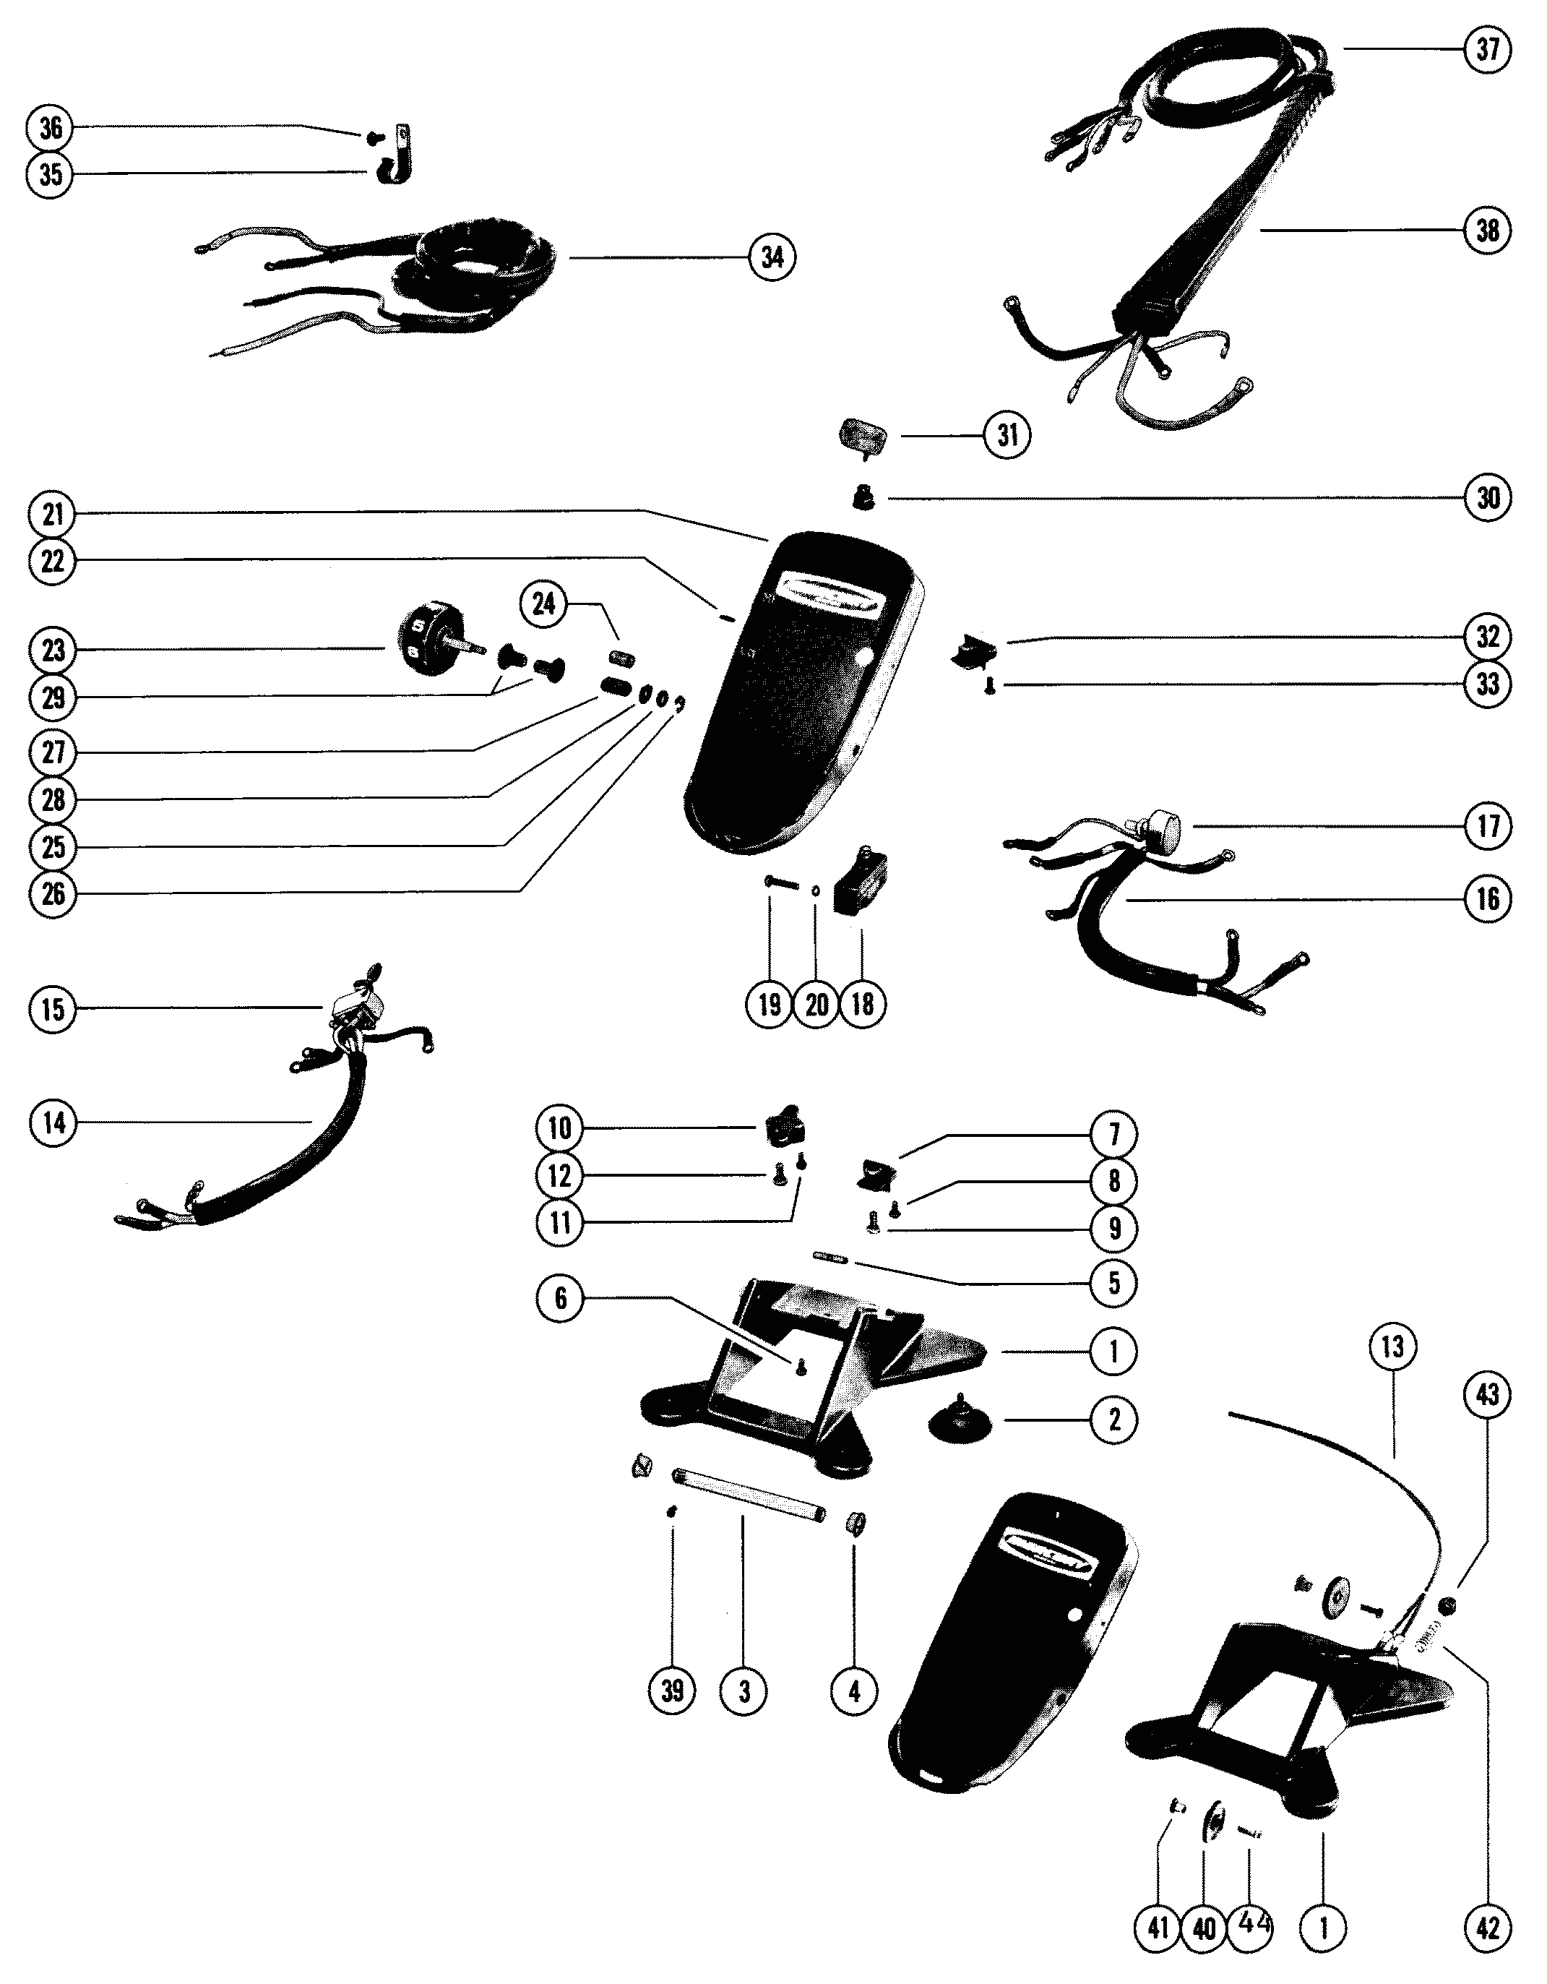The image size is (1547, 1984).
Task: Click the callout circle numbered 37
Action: click(x=1487, y=49)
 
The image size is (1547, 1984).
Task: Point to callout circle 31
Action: click(x=1007, y=436)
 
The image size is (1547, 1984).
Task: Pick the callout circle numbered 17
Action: click(x=1487, y=825)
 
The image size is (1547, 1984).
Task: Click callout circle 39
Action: click(x=671, y=1691)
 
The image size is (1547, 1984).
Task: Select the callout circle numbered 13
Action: click(x=1392, y=1347)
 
